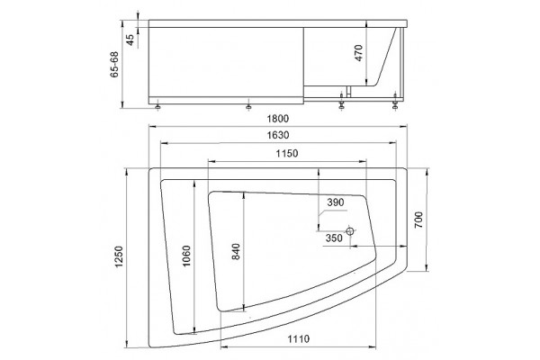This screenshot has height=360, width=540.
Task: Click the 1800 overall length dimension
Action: coord(278,119)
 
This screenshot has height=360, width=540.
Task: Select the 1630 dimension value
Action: coord(278,135)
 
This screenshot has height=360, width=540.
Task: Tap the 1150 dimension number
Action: coord(287,153)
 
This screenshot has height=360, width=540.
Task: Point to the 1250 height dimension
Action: coord(119,257)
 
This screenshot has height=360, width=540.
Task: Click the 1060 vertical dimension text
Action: coord(186,256)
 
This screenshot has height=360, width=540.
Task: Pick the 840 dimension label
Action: coord(236,251)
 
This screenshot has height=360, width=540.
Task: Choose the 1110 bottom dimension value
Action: coord(299,339)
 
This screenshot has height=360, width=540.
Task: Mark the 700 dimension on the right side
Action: coord(418,220)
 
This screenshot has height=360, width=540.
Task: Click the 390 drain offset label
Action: coord(336,202)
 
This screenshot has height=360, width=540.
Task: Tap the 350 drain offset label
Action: coord(334,238)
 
